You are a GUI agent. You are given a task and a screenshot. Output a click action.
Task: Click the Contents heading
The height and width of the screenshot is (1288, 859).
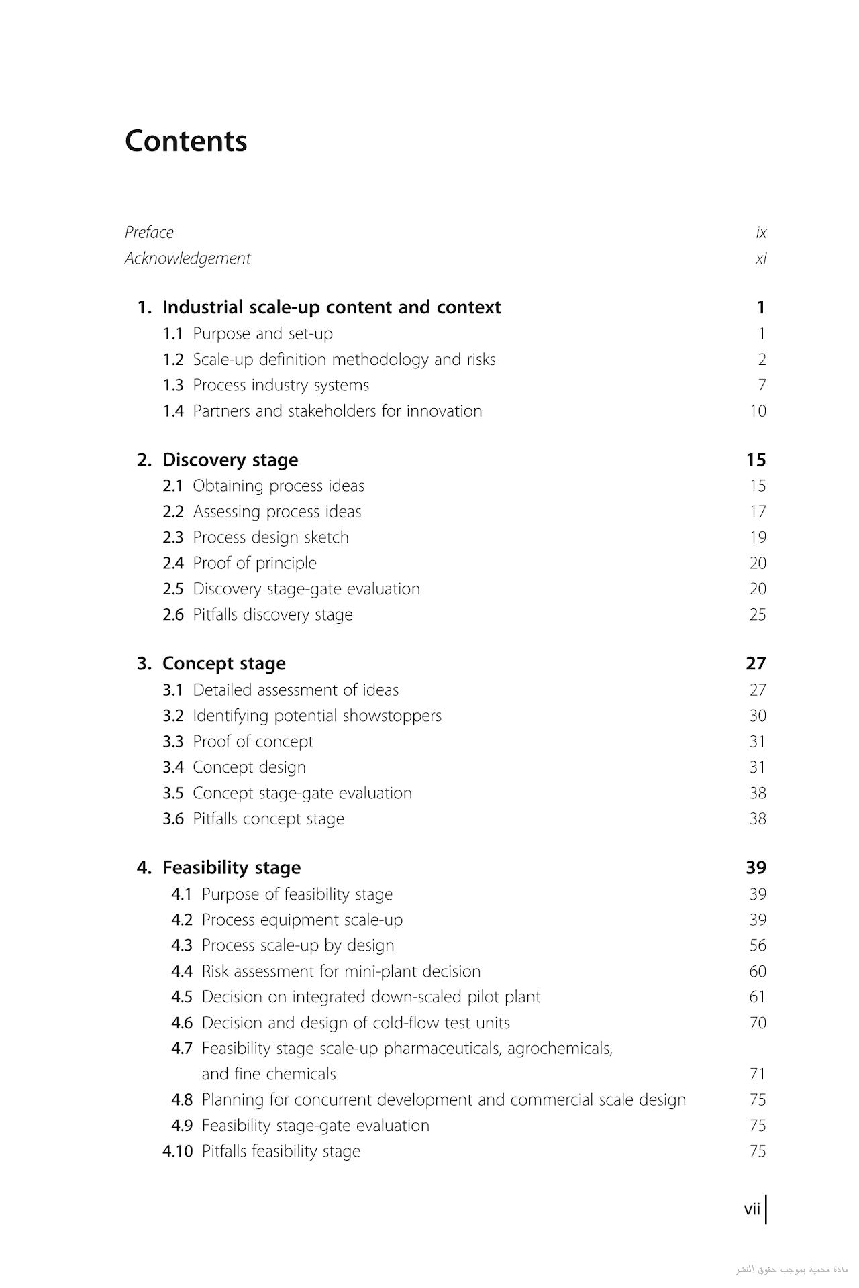click(x=186, y=141)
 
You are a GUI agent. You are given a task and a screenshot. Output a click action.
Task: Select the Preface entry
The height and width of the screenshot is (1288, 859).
click(x=149, y=233)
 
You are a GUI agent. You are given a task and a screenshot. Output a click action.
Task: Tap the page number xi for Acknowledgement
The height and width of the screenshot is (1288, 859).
click(x=760, y=258)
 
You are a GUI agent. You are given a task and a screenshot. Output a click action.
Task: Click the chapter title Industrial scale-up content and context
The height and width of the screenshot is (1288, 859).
click(x=331, y=307)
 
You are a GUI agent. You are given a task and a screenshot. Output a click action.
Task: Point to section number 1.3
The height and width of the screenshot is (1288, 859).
click(x=172, y=385)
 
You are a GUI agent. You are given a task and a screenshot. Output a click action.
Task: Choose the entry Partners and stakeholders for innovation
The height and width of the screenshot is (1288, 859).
click(x=337, y=411)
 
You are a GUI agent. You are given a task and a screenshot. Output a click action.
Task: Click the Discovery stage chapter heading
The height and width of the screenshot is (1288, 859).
click(x=230, y=460)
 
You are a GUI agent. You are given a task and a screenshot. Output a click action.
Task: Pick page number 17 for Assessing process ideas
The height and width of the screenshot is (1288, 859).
click(x=757, y=512)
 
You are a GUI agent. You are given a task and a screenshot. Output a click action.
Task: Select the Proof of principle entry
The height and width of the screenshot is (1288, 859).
click(x=254, y=563)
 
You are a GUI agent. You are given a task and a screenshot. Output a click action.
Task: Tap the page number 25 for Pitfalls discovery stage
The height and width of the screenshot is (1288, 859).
click(x=757, y=614)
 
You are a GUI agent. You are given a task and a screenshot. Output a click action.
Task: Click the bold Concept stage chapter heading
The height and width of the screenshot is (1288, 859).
click(x=223, y=663)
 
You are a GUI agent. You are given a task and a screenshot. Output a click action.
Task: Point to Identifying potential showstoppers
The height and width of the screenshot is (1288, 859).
click(x=317, y=716)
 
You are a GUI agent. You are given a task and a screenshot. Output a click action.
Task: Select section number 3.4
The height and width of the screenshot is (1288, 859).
click(x=172, y=767)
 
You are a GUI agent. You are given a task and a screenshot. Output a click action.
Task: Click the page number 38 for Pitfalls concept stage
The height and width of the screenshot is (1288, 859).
click(x=757, y=818)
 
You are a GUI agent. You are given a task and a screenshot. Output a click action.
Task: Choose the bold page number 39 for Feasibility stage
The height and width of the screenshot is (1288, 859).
click(x=756, y=867)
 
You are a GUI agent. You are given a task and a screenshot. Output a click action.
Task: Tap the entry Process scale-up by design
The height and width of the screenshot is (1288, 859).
click(x=297, y=945)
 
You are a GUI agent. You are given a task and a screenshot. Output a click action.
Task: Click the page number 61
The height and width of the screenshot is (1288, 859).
click(x=757, y=997)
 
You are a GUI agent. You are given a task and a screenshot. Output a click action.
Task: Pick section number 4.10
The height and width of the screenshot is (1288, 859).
click(x=177, y=1151)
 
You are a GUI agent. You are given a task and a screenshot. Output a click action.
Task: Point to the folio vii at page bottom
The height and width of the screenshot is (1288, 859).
click(x=752, y=1209)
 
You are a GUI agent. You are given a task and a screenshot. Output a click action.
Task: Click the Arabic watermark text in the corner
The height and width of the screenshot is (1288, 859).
click(x=791, y=1270)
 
